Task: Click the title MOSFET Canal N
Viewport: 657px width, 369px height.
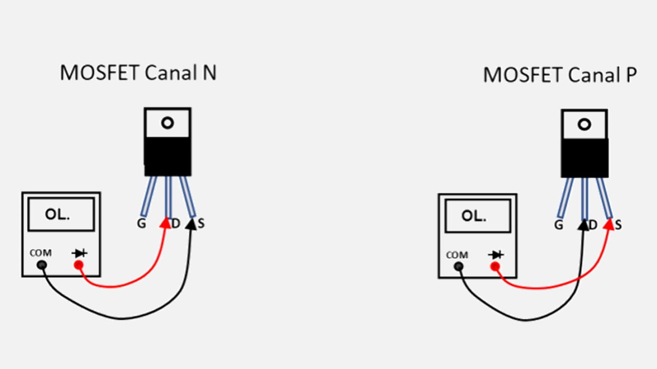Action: pos(138,73)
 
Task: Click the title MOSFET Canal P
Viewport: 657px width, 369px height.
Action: pos(560,75)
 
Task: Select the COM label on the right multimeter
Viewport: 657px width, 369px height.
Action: pos(457,255)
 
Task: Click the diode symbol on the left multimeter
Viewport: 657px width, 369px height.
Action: pos(80,253)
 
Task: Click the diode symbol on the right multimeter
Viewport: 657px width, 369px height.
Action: pos(496,255)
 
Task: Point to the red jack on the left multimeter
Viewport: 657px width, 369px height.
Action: pos(78,265)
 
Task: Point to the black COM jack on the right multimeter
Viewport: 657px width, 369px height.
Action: pos(458,266)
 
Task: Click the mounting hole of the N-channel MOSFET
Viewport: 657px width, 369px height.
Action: pos(167,123)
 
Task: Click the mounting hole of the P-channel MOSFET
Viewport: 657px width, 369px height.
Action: pos(584,125)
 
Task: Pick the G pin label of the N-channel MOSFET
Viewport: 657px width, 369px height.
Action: pos(141,223)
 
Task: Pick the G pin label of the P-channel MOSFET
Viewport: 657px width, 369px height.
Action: pos(558,224)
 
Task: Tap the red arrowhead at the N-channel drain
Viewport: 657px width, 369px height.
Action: pos(165,222)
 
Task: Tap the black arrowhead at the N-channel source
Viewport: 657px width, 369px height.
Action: pos(192,223)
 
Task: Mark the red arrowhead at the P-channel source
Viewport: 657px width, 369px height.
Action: pos(609,224)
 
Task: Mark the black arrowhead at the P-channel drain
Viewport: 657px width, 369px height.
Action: pos(583,224)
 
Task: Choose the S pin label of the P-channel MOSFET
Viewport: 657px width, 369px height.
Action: pos(618,224)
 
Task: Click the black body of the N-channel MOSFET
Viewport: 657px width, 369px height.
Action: pos(167,156)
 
